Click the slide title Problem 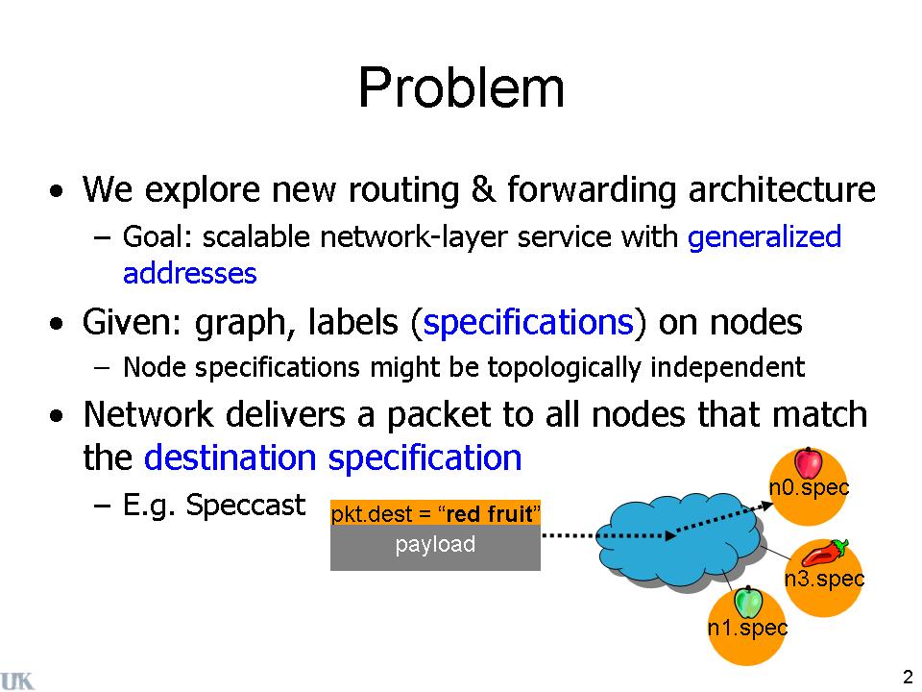point(461,88)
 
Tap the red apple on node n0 point(809,463)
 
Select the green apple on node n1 point(747,603)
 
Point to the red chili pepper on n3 point(824,555)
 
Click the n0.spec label point(810,487)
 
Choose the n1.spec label point(747,628)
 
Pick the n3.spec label point(824,579)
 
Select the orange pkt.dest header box point(435,514)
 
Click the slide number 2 point(908,674)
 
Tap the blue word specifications point(526,323)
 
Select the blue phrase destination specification point(332,457)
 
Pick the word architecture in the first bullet point(781,190)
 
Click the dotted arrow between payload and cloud point(570,535)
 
